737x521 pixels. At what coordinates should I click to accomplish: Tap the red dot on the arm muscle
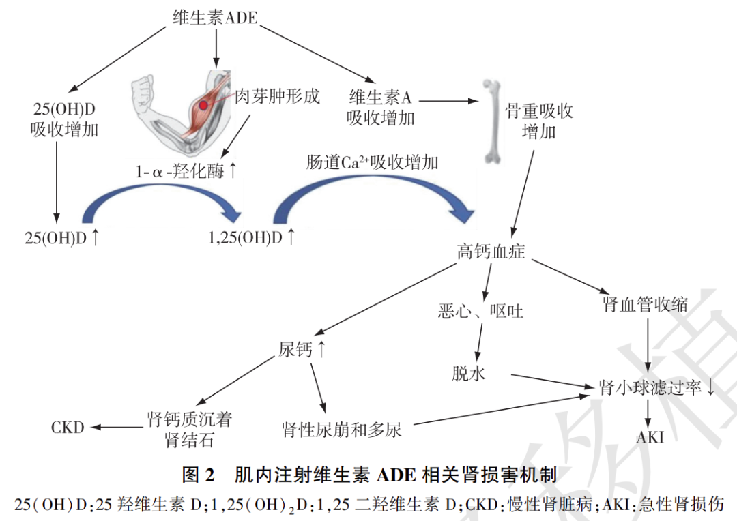pyautogui.click(x=204, y=106)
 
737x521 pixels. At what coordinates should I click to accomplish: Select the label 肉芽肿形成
pyautogui.click(x=277, y=96)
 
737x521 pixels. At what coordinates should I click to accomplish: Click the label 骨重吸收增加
pyautogui.click(x=539, y=121)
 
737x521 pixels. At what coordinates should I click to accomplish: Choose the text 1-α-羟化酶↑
pyautogui.click(x=186, y=171)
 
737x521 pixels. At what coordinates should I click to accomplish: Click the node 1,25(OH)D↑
pyautogui.click(x=252, y=237)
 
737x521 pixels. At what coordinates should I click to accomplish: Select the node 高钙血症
pyautogui.click(x=491, y=251)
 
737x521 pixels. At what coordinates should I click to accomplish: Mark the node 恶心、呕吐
pyautogui.click(x=481, y=311)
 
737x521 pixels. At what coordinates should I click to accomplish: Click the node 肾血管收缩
pyautogui.click(x=645, y=304)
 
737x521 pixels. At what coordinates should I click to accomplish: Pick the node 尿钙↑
pyautogui.click(x=302, y=350)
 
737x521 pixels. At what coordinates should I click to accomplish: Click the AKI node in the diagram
pyautogui.click(x=650, y=437)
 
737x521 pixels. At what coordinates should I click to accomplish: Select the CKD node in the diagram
pyautogui.click(x=68, y=428)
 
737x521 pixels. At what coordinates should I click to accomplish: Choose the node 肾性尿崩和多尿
pyautogui.click(x=342, y=430)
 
